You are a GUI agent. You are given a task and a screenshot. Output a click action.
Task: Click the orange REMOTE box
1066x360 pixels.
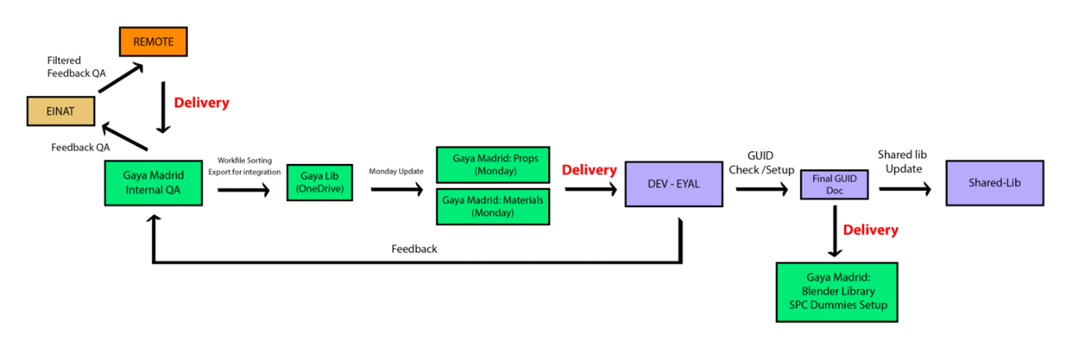pos(153,42)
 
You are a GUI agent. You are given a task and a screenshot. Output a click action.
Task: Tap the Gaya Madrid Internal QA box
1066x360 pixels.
pos(153,183)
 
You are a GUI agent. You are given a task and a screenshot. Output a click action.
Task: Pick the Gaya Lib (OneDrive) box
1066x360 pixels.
pos(319,183)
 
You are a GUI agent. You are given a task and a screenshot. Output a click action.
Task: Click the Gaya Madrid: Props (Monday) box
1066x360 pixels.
pos(492,165)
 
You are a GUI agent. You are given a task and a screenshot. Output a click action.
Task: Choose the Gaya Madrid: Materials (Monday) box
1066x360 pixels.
pos(492,206)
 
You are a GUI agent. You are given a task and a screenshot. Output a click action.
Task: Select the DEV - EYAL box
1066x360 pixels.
pos(673,183)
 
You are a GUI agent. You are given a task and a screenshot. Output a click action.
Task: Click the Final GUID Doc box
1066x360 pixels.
pos(834,184)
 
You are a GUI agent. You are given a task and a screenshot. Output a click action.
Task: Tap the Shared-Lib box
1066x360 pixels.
pos(994,183)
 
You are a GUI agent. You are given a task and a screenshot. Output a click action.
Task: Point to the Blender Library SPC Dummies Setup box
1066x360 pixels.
pos(836,291)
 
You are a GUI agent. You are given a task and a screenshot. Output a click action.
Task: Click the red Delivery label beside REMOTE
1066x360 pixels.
pos(201,103)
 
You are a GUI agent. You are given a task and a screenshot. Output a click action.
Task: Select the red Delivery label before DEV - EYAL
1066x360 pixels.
pos(589,170)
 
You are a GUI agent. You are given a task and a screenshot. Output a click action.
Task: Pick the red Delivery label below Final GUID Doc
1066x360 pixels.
pos(870,230)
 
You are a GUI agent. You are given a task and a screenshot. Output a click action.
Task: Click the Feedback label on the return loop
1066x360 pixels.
pos(414,249)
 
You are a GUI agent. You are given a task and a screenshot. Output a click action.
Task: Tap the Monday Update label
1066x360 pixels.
pos(396,171)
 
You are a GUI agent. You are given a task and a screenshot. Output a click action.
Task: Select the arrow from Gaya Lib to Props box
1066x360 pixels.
pos(396,189)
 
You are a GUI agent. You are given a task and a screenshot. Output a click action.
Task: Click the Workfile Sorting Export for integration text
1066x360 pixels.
pos(245,166)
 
